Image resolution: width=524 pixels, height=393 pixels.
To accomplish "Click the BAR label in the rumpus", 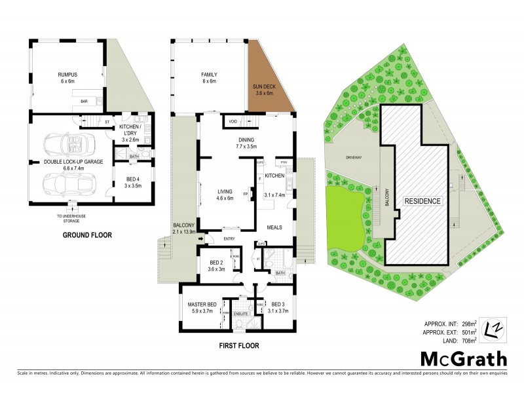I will tap(84, 102).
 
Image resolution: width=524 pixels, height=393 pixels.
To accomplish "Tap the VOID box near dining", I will tap(233, 121).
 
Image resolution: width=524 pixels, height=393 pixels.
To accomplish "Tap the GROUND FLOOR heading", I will tap(88, 234).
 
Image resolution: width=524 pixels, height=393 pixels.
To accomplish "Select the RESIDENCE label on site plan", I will tap(422, 200).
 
